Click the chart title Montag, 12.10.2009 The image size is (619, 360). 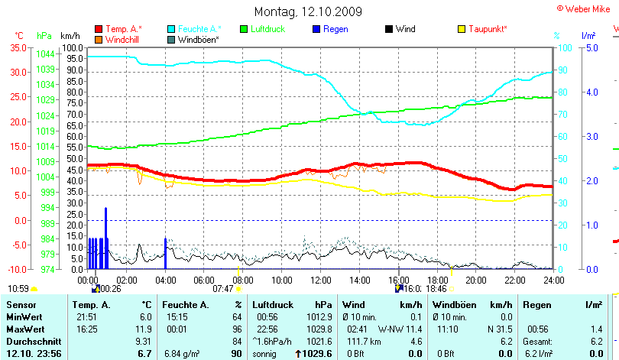[308, 11]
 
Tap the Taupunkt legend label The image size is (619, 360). [489, 29]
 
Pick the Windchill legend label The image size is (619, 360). [122, 39]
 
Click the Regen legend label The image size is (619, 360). [335, 29]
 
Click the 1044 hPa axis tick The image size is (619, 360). [45, 54]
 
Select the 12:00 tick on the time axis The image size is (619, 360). [321, 279]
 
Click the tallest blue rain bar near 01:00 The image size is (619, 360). [106, 237]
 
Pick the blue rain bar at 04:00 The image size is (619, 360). [166, 253]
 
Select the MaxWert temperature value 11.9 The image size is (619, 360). [144, 329]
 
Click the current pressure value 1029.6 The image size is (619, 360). [317, 354]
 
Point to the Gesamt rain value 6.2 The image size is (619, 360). [596, 341]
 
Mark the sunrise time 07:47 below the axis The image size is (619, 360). [222, 289]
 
